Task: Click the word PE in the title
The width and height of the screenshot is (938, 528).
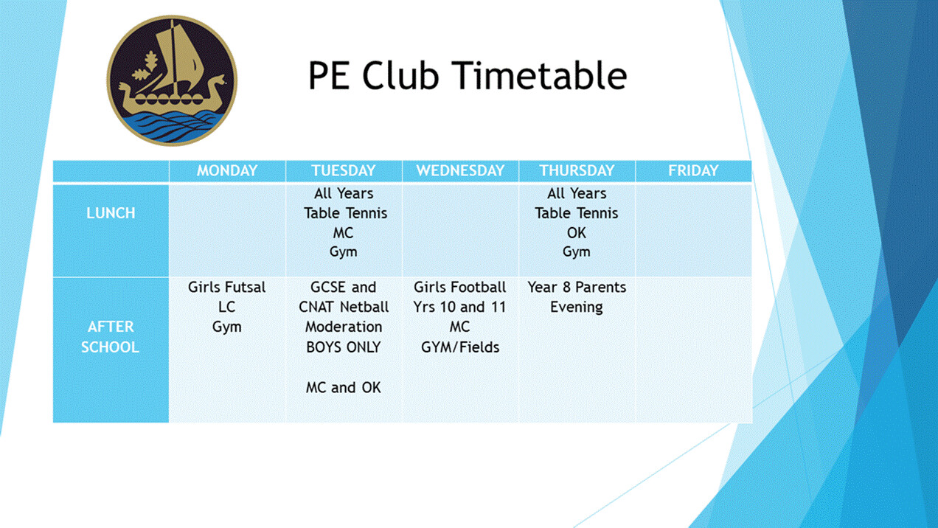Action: pyautogui.click(x=329, y=75)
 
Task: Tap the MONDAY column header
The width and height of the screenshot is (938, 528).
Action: pyautogui.click(x=227, y=171)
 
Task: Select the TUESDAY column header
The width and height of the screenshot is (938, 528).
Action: pyautogui.click(x=344, y=171)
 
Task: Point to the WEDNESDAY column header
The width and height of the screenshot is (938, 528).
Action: pyautogui.click(x=460, y=171)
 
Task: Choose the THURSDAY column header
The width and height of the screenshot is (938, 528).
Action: pyautogui.click(x=577, y=171)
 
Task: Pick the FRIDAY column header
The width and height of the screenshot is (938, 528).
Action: pyautogui.click(x=693, y=171)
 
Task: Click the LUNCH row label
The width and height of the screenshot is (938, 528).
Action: pyautogui.click(x=111, y=213)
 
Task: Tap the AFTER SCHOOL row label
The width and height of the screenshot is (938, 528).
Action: pyautogui.click(x=110, y=337)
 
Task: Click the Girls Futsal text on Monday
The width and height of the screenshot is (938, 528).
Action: pyautogui.click(x=226, y=288)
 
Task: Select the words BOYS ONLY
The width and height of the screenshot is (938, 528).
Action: pyautogui.click(x=344, y=347)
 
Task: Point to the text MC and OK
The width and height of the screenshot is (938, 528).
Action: pyautogui.click(x=344, y=388)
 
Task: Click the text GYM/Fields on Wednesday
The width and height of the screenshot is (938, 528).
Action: pyautogui.click(x=460, y=347)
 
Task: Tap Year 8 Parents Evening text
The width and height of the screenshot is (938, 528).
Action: pyautogui.click(x=577, y=297)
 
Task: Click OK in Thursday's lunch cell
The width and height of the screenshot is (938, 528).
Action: pyautogui.click(x=577, y=233)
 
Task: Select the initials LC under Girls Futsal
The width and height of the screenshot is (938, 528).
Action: pyautogui.click(x=226, y=307)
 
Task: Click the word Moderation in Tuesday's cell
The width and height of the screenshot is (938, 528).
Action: pyautogui.click(x=344, y=327)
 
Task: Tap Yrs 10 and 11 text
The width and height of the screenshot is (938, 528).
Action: pyautogui.click(x=460, y=307)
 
